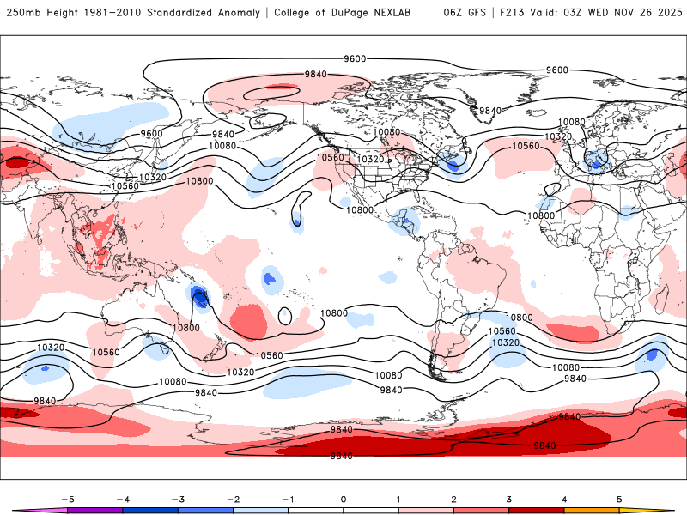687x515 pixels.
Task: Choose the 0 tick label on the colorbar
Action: (343, 499)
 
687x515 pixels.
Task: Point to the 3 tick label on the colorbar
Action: (508, 499)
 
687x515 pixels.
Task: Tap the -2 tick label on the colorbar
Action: (233, 499)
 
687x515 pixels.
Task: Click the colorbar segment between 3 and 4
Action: (536, 510)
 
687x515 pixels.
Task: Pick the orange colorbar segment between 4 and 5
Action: (592, 510)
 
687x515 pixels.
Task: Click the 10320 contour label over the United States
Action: (371, 160)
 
